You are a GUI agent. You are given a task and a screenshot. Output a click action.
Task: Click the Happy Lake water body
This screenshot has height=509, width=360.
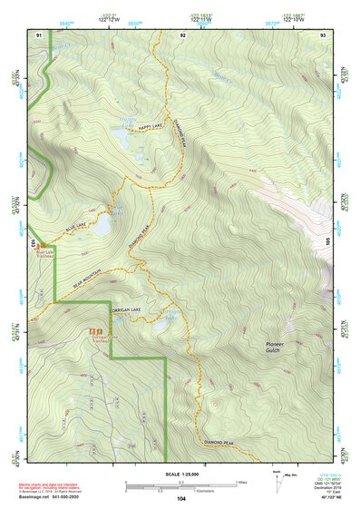click(119, 136)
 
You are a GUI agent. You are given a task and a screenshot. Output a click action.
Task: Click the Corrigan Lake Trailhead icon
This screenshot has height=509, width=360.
click(94, 334)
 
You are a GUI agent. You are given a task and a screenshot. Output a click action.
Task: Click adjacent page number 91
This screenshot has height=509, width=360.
click(39, 34)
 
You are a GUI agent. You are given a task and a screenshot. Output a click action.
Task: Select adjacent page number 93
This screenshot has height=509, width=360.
click(323, 34)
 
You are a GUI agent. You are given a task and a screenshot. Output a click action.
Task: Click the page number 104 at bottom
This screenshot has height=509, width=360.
click(182, 499)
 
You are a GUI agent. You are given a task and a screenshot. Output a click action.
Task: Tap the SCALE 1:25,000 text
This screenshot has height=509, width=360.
click(180, 473)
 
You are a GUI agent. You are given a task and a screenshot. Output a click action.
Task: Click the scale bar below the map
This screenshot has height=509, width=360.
click(180, 485)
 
